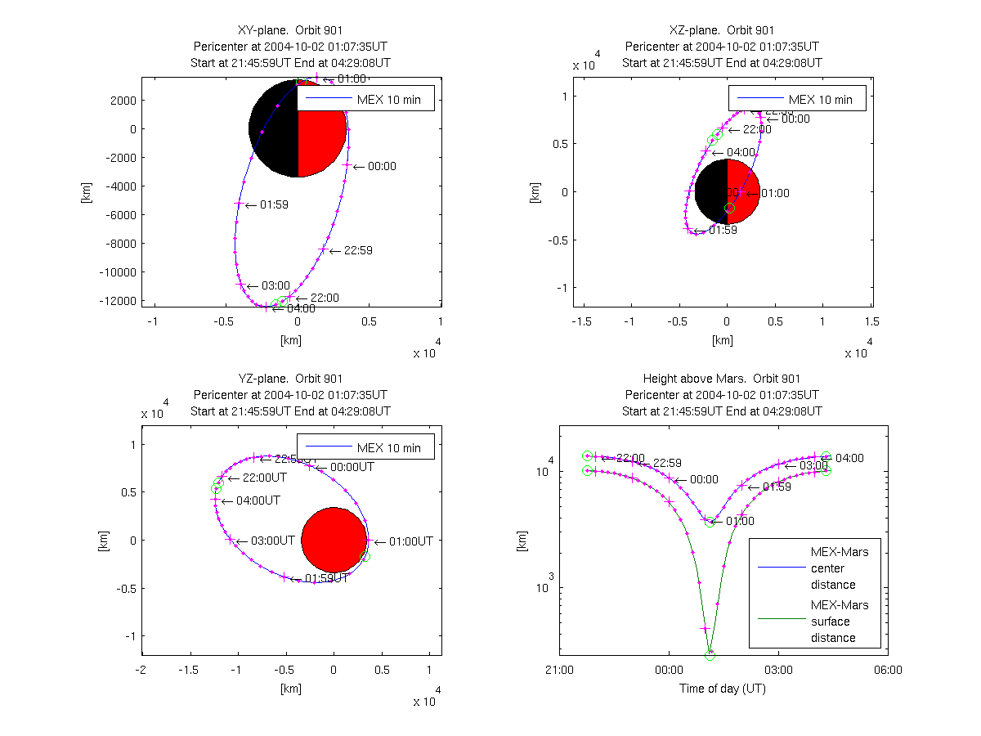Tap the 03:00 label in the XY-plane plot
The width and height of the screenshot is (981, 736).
(x=275, y=286)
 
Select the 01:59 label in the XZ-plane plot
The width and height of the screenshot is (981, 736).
(x=723, y=230)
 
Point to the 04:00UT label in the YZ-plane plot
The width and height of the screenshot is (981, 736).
(x=258, y=500)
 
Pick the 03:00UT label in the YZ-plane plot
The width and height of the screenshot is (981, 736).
(x=271, y=541)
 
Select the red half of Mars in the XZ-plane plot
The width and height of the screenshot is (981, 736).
(x=743, y=192)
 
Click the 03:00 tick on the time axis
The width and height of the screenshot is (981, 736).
(x=777, y=669)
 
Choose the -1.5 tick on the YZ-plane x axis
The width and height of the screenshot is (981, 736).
(x=190, y=669)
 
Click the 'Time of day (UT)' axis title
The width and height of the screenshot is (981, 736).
(x=723, y=689)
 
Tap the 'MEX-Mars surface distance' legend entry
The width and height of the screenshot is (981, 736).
(x=840, y=622)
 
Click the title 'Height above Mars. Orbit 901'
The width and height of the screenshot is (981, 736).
(x=722, y=379)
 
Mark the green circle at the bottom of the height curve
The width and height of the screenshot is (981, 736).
(x=710, y=655)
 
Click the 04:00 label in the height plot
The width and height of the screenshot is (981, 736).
(x=850, y=458)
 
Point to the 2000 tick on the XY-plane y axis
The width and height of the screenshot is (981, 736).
(x=123, y=101)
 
